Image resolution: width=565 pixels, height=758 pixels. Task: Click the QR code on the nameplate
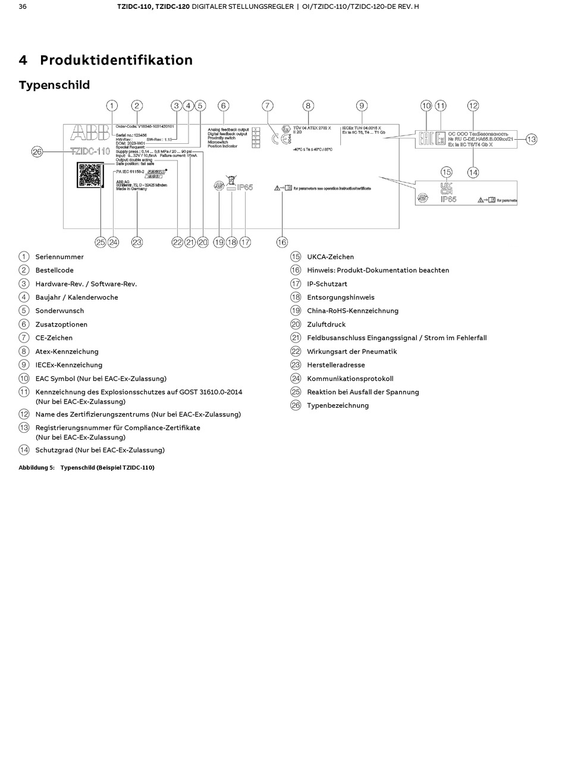pyautogui.click(x=90, y=175)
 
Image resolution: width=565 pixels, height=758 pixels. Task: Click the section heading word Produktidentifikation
pyautogui.click(x=116, y=60)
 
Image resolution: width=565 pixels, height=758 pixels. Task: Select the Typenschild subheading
pyautogui.click(x=54, y=85)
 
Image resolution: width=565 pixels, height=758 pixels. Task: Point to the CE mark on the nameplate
pyautogui.click(x=274, y=140)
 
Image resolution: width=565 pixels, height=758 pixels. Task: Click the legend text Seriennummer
pyautogui.click(x=59, y=257)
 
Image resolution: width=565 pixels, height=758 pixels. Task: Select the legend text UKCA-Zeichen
pyautogui.click(x=330, y=257)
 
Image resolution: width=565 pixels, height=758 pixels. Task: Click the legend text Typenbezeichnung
pyautogui.click(x=338, y=405)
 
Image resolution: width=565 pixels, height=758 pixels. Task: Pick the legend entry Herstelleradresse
pyautogui.click(x=336, y=365)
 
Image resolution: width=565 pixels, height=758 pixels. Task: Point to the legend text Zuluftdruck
pyautogui.click(x=326, y=325)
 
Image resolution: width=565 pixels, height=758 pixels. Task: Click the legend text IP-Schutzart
pyautogui.click(x=327, y=284)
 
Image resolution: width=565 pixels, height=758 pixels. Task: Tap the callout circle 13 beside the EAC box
pyautogui.click(x=531, y=139)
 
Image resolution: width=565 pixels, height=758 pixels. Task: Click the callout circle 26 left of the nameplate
pyautogui.click(x=37, y=152)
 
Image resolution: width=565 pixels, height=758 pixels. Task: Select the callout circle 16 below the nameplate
pyautogui.click(x=281, y=242)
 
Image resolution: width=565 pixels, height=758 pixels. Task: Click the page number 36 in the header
pyautogui.click(x=23, y=7)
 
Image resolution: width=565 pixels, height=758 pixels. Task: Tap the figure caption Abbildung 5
pyautogui.click(x=36, y=468)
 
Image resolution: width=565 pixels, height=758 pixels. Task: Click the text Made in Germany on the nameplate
pyautogui.click(x=131, y=189)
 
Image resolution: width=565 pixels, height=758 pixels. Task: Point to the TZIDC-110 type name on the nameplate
pyautogui.click(x=90, y=151)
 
